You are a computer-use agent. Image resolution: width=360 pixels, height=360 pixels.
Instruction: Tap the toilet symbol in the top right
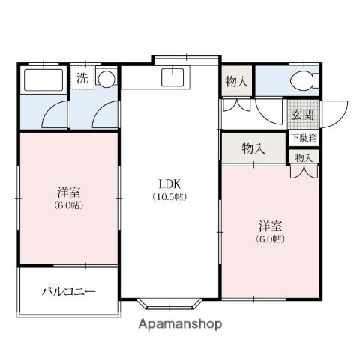(304, 82)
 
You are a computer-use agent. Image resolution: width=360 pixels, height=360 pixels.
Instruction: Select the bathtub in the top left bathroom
(43, 80)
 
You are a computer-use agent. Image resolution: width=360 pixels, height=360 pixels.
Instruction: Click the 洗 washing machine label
(82, 76)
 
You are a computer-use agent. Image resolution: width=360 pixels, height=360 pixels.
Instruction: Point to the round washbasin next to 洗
(106, 78)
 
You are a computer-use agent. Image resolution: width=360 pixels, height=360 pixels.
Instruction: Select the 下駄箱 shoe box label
(304, 138)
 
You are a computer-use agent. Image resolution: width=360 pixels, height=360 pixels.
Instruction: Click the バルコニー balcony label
(68, 290)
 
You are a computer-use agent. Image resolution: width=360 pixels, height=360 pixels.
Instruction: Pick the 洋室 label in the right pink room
(271, 225)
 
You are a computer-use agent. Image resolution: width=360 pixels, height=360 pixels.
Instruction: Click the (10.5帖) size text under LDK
(171, 197)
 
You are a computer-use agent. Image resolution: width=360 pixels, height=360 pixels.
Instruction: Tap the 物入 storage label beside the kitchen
(238, 82)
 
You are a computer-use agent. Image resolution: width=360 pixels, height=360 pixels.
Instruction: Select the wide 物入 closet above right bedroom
(253, 148)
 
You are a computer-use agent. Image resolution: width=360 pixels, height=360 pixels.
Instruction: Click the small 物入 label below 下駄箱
(304, 157)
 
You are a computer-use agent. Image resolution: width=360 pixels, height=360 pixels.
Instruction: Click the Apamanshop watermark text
(179, 325)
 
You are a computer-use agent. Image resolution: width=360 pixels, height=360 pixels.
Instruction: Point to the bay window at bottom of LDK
(169, 304)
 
